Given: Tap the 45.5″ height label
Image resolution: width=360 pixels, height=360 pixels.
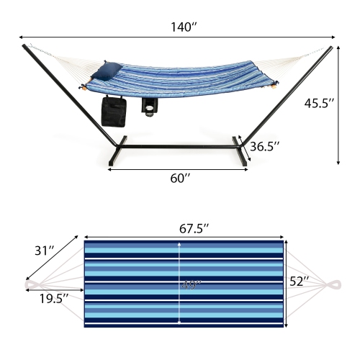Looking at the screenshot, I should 319,103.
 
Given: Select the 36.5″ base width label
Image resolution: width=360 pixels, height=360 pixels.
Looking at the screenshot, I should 264,147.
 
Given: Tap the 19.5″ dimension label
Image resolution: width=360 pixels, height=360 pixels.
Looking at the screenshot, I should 54,297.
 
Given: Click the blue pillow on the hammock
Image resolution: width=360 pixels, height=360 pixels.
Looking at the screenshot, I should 109,70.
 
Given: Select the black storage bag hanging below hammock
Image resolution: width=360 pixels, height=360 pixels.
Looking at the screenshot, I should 114,112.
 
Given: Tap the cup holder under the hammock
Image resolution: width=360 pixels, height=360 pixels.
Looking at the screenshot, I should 150,107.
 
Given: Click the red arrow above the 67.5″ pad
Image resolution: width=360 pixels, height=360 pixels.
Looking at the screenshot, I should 184,236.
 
